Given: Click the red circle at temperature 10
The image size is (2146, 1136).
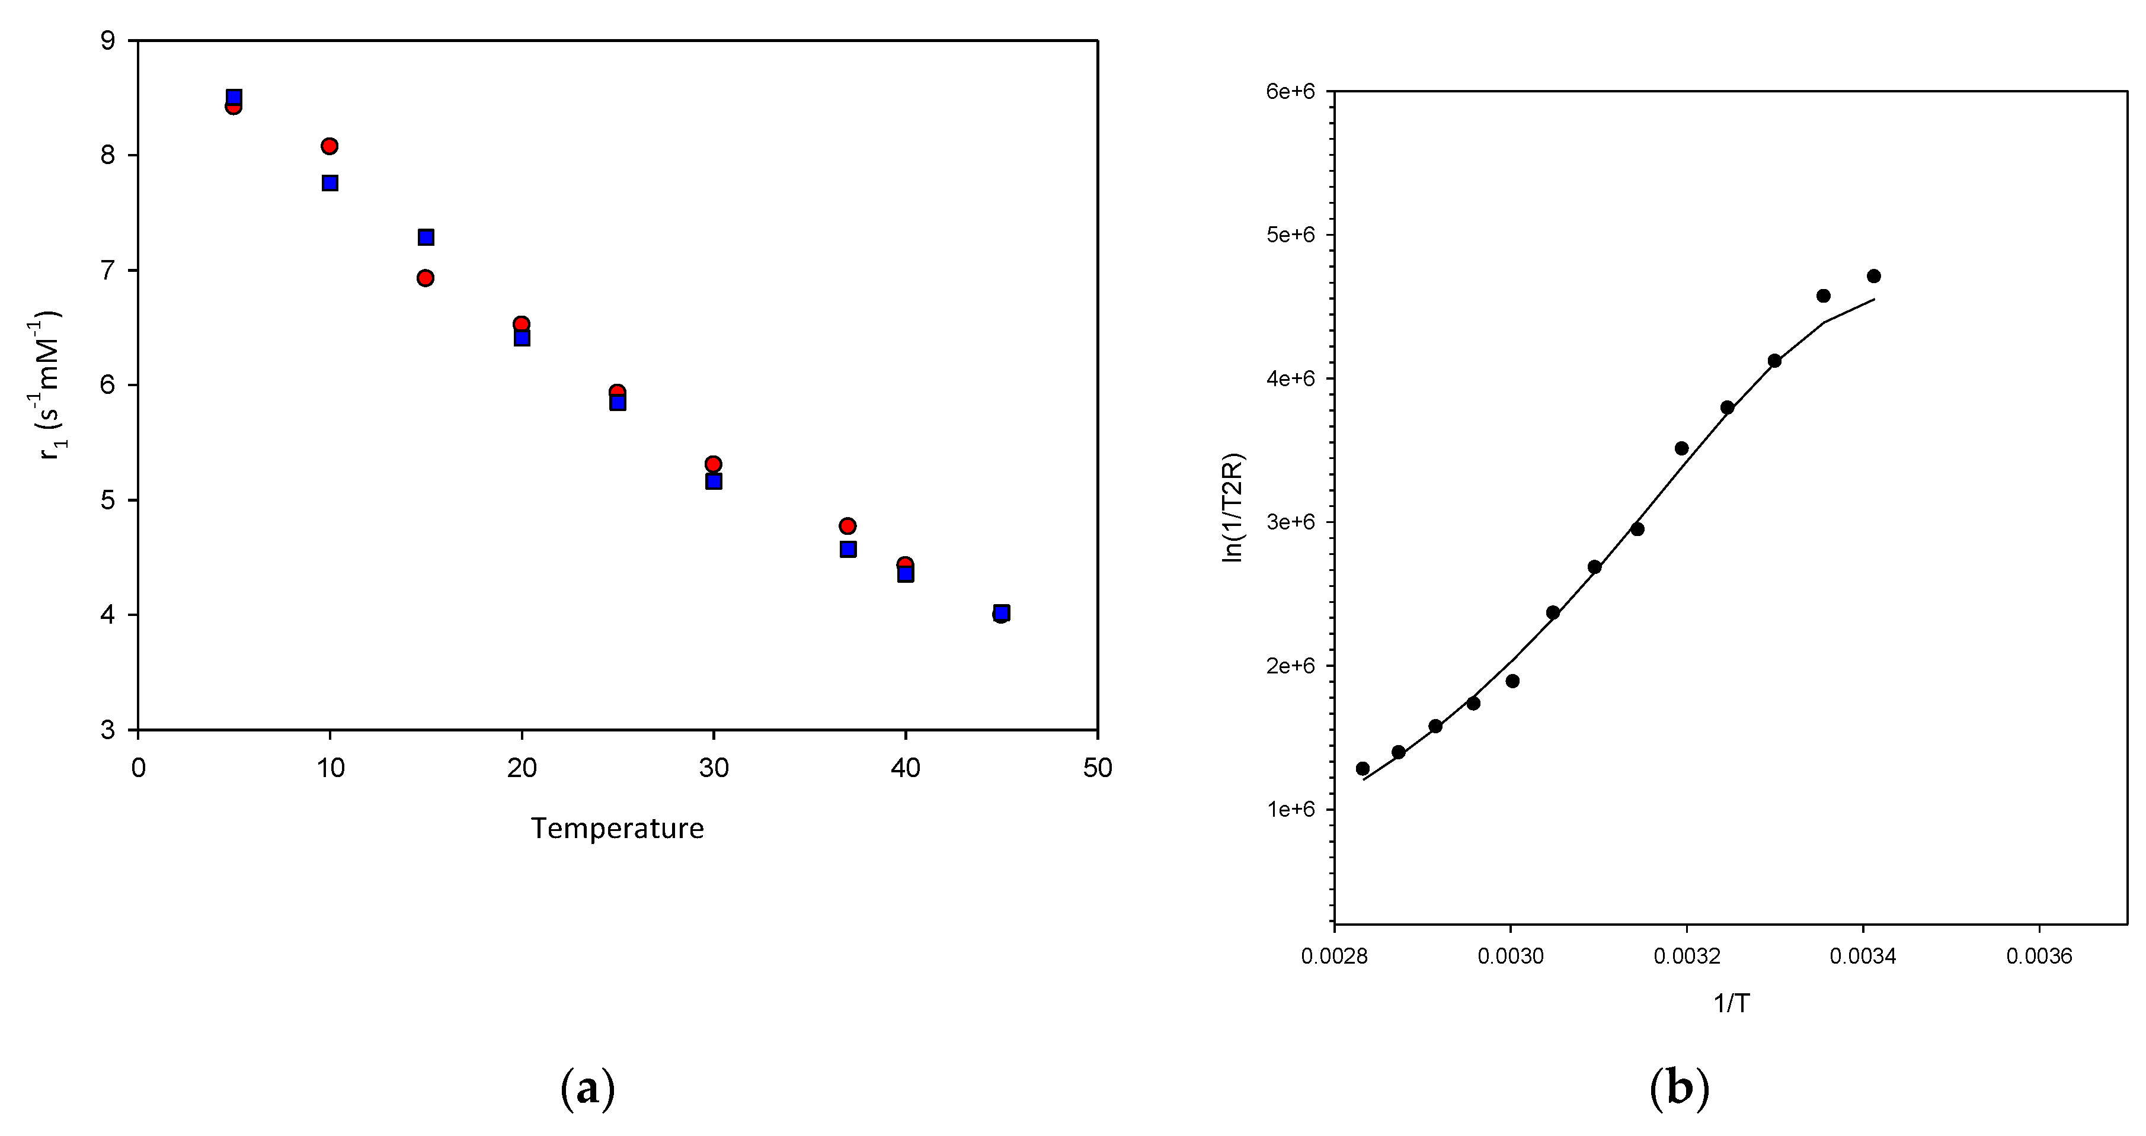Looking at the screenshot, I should (329, 146).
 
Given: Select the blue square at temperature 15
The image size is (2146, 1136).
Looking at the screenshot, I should (426, 238).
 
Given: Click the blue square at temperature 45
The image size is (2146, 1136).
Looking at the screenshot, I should (1002, 612).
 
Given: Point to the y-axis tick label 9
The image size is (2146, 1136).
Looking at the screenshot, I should (107, 41).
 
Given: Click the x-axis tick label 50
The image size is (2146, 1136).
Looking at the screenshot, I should (1097, 768).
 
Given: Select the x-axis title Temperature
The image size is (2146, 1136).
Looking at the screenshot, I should (618, 829).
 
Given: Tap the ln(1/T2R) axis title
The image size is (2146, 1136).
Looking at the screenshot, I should (1232, 508).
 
